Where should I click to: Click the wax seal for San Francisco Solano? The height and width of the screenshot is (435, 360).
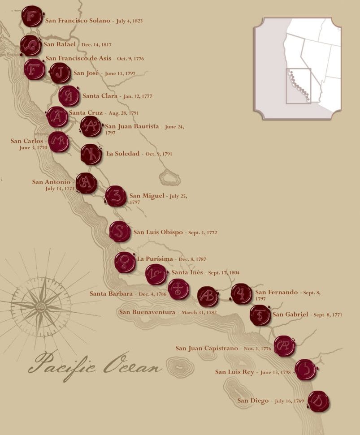[32, 17]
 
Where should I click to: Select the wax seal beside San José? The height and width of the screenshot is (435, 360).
[60, 73]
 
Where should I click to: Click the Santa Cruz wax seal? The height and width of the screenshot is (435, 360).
[57, 117]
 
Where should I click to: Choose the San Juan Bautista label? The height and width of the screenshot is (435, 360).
[132, 127]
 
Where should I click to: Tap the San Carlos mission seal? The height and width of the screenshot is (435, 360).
[59, 142]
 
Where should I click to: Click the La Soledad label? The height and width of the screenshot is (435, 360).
[122, 154]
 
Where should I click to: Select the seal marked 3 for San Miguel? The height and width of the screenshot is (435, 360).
[116, 196]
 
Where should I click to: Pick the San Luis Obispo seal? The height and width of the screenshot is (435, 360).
[120, 232]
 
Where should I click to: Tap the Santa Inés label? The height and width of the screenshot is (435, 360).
[187, 272]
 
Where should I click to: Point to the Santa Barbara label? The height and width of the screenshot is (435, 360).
[111, 294]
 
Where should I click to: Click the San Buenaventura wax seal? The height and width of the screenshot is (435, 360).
[208, 296]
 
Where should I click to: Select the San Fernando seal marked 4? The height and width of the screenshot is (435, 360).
[242, 294]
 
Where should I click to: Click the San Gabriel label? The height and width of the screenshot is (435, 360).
[290, 314]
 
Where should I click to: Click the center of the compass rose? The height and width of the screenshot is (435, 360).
[41, 307]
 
